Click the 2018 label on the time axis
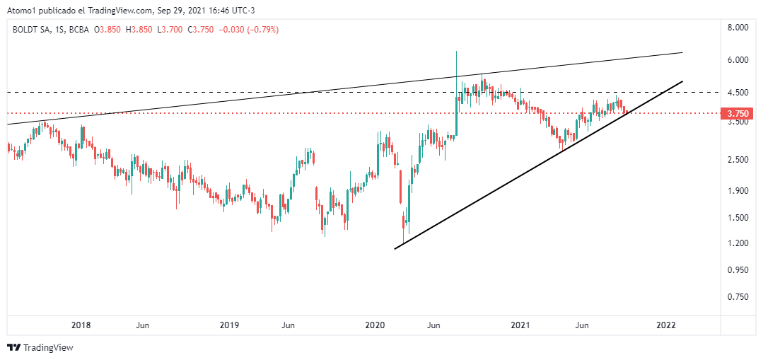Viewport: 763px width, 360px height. (81, 325)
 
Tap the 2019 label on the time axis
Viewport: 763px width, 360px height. (228, 325)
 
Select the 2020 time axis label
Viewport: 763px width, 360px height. (375, 325)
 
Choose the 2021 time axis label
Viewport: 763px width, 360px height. (520, 325)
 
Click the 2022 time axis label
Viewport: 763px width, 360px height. (666, 325)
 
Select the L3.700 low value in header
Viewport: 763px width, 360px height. (172, 30)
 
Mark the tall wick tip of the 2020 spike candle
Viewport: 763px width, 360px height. (457, 52)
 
